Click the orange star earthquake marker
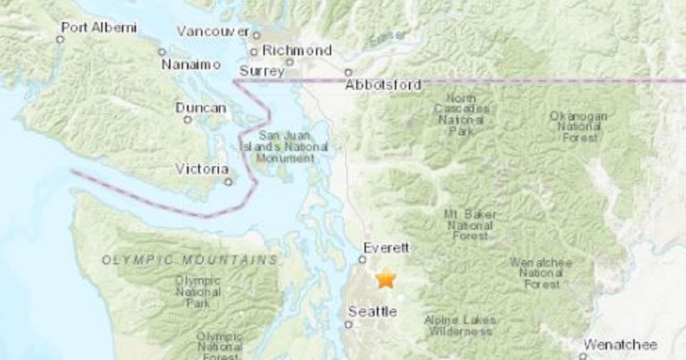click(386, 279)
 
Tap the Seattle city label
click(372, 312)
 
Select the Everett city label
click(387, 248)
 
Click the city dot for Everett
click(362, 259)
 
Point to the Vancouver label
click(213, 31)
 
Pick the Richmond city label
click(297, 50)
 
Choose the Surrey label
click(261, 71)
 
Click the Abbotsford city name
click(383, 85)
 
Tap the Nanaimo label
click(191, 65)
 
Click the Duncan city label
click(201, 108)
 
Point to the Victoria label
click(202, 169)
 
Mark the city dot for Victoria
click(228, 182)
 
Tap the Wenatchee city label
click(620, 345)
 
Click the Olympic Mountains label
click(190, 261)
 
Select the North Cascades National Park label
click(461, 115)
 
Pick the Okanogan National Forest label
click(578, 126)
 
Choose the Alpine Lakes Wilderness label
click(460, 326)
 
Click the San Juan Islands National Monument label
click(284, 147)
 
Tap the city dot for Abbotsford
click(348, 73)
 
